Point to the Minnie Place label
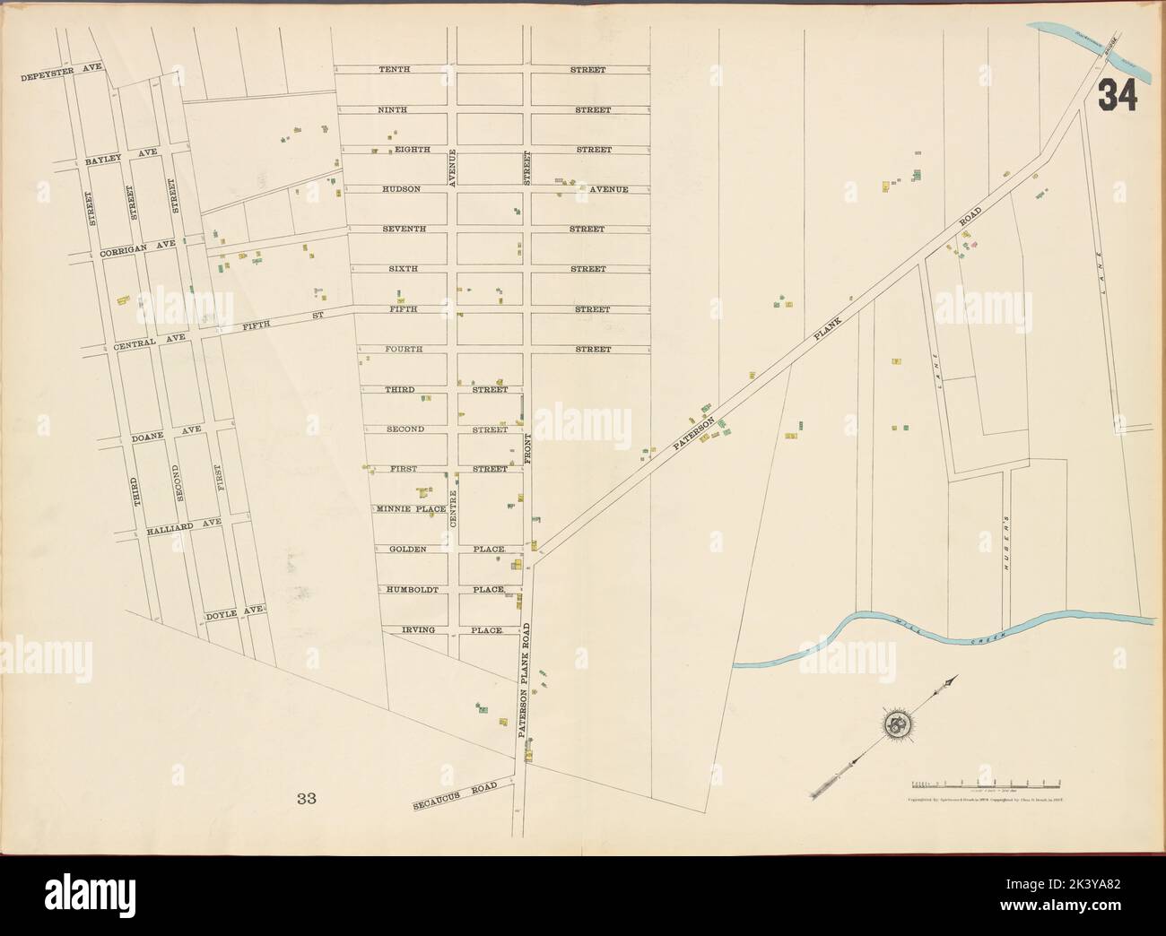pyautogui.click(x=411, y=508)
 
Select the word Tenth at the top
pyautogui.click(x=393, y=69)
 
